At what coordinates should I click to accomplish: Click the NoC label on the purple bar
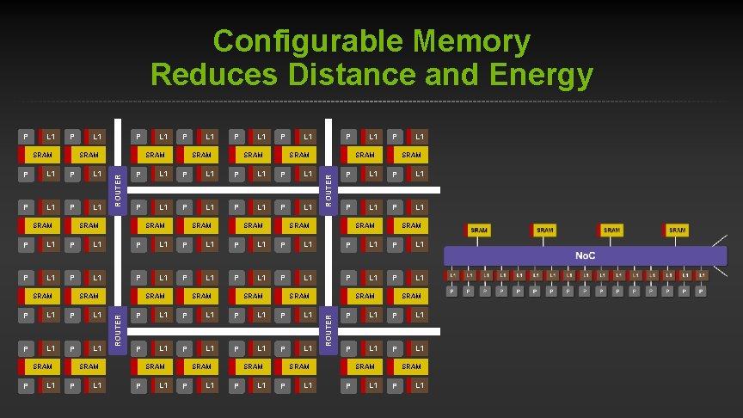pyautogui.click(x=586, y=256)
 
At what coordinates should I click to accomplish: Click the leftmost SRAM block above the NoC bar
pyautogui.click(x=478, y=231)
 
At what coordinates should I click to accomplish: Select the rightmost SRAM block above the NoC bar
pyautogui.click(x=676, y=231)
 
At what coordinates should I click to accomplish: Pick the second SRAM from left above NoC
pyautogui.click(x=544, y=231)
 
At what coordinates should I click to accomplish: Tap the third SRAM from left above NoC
pyautogui.click(x=611, y=231)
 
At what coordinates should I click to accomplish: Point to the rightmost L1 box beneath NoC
pyautogui.click(x=702, y=275)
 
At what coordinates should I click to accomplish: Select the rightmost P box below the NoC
pyautogui.click(x=702, y=292)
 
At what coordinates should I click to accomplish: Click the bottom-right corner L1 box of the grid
pyautogui.click(x=419, y=385)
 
